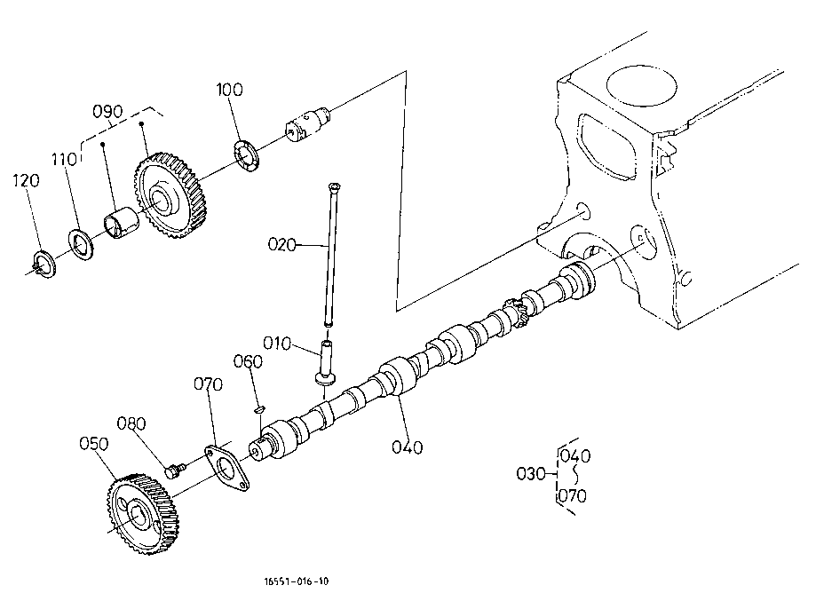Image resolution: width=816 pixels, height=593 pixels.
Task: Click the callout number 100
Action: tap(229, 90)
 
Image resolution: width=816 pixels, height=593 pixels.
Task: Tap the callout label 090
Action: tap(107, 111)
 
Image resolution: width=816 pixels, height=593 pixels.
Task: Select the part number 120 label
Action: tap(26, 180)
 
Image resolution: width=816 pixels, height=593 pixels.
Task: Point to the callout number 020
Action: tap(281, 244)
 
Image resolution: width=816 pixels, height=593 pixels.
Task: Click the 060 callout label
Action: tap(248, 361)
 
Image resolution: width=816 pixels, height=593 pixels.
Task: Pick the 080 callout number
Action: tap(131, 423)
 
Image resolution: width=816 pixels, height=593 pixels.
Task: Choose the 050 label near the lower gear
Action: tap(93, 444)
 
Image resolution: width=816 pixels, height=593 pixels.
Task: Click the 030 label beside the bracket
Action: tap(531, 474)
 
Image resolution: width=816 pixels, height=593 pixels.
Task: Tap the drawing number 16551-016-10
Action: tap(297, 581)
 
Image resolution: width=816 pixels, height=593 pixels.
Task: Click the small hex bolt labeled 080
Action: tap(174, 470)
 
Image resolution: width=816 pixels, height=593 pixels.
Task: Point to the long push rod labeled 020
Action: tap(330, 255)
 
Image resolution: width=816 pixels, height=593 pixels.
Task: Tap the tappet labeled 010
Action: tap(326, 362)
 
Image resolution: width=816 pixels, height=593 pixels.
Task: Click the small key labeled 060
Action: tap(259, 409)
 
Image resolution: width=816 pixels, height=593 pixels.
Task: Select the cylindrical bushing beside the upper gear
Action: tap(123, 223)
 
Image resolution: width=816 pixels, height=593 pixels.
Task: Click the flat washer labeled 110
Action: tap(81, 244)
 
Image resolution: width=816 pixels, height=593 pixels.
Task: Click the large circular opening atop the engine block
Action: tap(641, 86)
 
